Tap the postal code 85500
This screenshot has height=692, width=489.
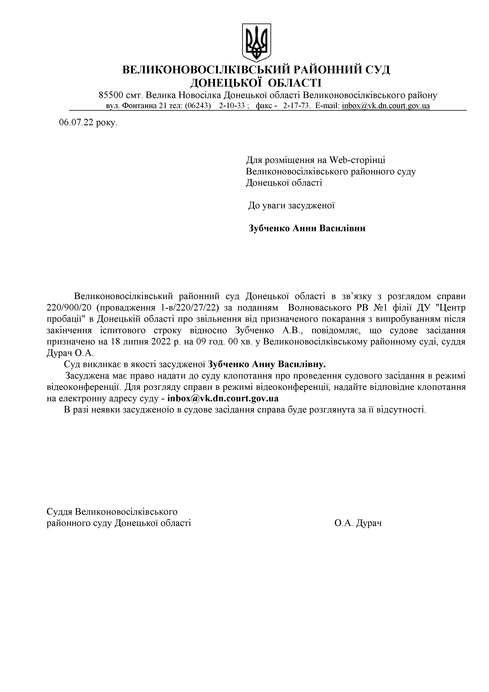tap(111, 95)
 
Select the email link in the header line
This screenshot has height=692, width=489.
tap(386, 106)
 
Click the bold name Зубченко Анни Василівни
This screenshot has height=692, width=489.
tap(307, 228)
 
